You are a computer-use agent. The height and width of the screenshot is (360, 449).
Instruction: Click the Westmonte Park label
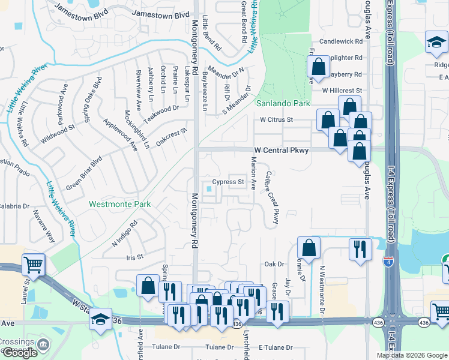(119, 204)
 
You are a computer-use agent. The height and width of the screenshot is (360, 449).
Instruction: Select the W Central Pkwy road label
(280, 150)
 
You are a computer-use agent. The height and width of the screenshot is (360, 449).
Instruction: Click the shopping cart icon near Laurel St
(34, 263)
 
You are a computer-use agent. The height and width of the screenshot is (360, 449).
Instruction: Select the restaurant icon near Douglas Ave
(360, 249)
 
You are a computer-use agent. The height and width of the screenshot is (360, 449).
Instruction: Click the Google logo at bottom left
(20, 353)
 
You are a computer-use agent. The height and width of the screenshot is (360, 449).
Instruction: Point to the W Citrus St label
(276, 119)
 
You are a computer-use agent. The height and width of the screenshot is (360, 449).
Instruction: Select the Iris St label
(135, 257)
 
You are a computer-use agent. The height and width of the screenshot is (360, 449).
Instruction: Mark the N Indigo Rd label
(125, 234)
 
